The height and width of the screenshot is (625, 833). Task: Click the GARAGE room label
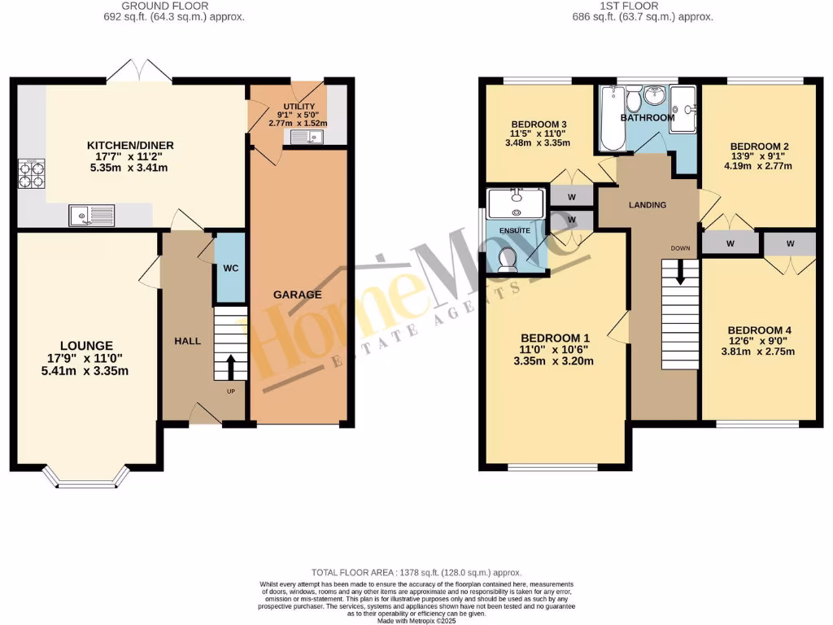(297, 295)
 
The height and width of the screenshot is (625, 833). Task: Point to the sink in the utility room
(306, 138)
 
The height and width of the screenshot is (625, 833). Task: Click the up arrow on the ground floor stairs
(230, 367)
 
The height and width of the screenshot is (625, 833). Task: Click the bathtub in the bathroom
(613, 119)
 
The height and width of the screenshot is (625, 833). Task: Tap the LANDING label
(648, 205)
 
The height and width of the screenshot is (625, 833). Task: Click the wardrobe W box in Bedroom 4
(791, 243)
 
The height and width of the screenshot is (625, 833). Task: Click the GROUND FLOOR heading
(165, 6)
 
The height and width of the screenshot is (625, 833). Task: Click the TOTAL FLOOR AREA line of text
(416, 573)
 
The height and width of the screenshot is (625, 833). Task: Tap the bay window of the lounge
(86, 480)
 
